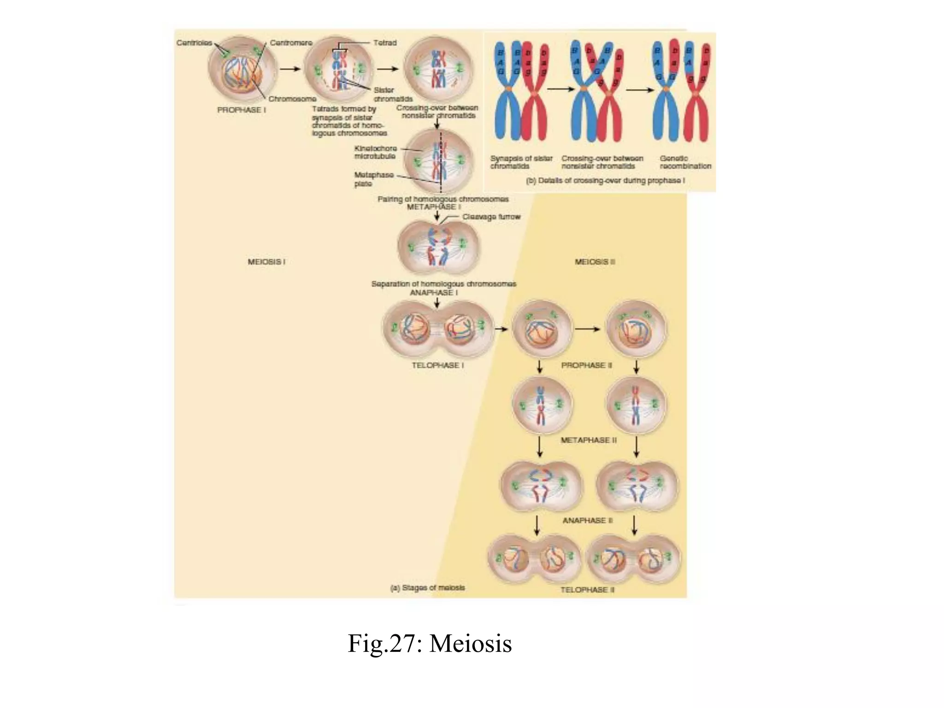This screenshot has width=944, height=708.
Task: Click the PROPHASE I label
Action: pyautogui.click(x=242, y=110)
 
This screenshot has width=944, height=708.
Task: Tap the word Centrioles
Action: pyautogui.click(x=194, y=43)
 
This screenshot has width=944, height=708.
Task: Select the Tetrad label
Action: pyautogui.click(x=385, y=43)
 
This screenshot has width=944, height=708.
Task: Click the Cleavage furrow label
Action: pyautogui.click(x=491, y=217)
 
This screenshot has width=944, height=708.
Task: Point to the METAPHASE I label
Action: pyautogui.click(x=434, y=207)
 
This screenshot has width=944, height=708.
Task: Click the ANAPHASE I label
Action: pyautogui.click(x=434, y=293)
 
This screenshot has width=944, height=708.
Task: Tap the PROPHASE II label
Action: pyautogui.click(x=586, y=365)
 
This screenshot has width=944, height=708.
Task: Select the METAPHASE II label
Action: pyautogui.click(x=588, y=440)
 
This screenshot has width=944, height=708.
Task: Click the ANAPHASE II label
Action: pyautogui.click(x=587, y=520)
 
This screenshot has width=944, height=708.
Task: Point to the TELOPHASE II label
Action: pyautogui.click(x=587, y=590)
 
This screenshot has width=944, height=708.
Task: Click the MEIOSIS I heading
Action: pyautogui.click(x=266, y=262)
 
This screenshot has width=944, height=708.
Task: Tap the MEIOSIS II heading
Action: pyautogui.click(x=595, y=262)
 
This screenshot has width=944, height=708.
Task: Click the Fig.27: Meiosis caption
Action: pyautogui.click(x=430, y=643)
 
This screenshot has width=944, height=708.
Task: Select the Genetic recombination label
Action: pyautogui.click(x=685, y=162)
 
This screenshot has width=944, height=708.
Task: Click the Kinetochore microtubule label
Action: pyautogui.click(x=375, y=153)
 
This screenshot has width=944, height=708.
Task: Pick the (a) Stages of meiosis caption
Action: pyautogui.click(x=427, y=588)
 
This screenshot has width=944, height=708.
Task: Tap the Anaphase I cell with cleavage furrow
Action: pyautogui.click(x=438, y=247)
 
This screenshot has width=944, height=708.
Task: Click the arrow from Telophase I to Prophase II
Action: pyautogui.click(x=501, y=329)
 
